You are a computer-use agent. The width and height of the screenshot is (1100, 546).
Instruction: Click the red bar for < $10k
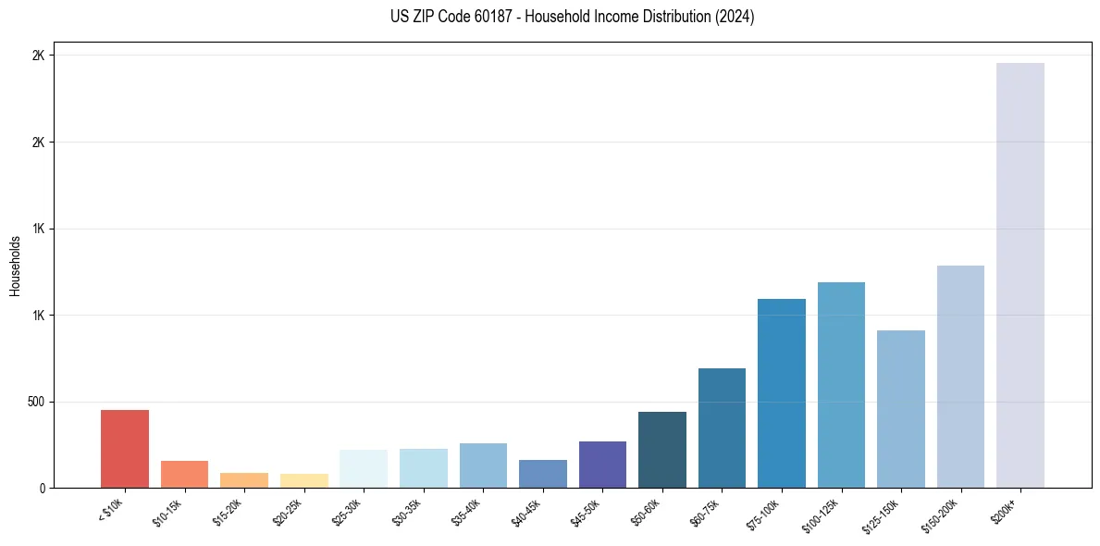(124, 449)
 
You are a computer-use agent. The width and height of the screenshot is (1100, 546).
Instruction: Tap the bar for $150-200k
(960, 377)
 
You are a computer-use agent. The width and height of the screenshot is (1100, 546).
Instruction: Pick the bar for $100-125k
(841, 385)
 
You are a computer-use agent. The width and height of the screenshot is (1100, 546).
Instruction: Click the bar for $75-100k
(781, 393)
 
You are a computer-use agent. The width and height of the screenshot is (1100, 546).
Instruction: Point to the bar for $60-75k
(722, 428)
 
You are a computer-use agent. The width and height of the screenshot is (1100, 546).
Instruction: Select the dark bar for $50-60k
(661, 450)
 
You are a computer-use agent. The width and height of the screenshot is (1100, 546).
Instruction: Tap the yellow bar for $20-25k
(303, 480)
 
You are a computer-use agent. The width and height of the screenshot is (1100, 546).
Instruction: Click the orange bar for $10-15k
(184, 474)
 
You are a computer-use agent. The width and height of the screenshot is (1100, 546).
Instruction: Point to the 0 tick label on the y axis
(42, 488)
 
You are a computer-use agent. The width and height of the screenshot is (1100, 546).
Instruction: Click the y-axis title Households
(15, 266)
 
